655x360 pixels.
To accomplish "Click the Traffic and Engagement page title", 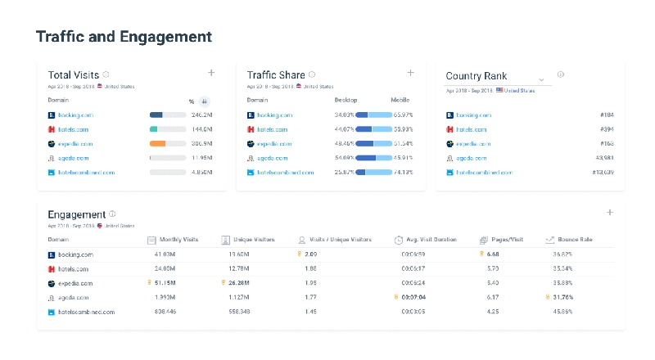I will [124, 37].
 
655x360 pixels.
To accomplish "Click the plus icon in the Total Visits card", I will [211, 73].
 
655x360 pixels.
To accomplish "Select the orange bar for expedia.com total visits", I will [158, 144].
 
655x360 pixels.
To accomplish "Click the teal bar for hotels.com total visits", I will [154, 129].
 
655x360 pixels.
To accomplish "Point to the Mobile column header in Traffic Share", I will [400, 101].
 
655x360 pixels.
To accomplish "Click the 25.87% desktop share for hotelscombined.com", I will [345, 173].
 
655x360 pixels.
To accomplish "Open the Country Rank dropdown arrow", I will [541, 79].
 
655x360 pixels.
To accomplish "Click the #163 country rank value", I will [606, 144].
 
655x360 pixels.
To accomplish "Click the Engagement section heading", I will [77, 214].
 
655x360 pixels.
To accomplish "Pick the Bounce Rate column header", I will [574, 240].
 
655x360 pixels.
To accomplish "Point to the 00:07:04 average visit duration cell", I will [413, 297].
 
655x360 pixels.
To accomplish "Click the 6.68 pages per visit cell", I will [493, 254].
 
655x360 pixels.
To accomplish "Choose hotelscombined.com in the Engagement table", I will [86, 312].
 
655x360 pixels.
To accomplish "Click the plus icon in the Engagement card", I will [609, 213].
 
